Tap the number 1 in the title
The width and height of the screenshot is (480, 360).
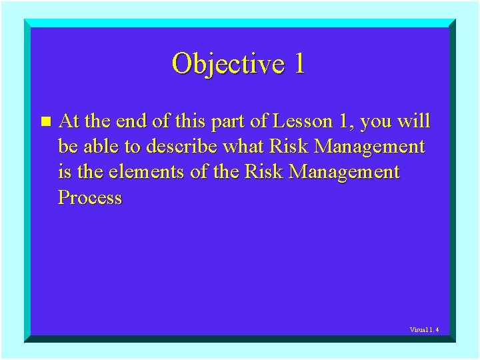(x=298, y=64)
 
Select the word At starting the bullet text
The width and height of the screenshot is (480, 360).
(x=69, y=121)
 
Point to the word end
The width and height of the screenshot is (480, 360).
(x=131, y=121)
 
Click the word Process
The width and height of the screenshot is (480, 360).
(x=90, y=198)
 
